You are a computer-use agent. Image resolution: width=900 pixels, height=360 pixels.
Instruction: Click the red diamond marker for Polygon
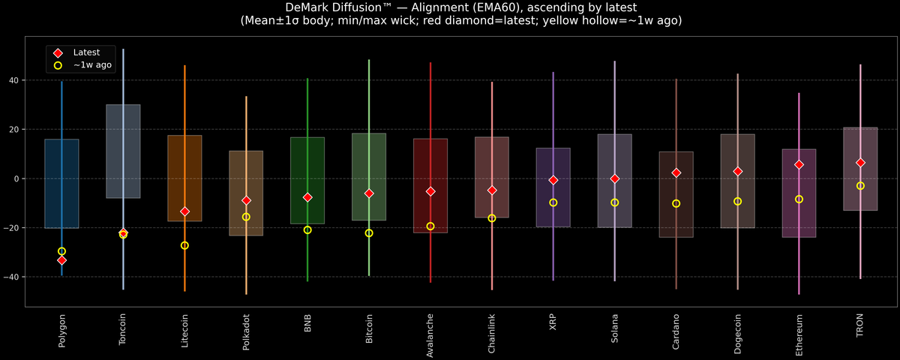click(x=61, y=260)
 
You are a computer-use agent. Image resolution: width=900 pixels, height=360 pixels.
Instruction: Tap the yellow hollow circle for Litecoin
click(x=184, y=245)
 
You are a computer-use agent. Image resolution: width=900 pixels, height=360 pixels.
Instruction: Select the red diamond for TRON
click(x=860, y=163)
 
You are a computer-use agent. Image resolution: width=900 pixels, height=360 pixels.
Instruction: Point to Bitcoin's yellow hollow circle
click(x=369, y=233)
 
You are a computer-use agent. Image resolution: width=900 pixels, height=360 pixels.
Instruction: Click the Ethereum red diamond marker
click(x=799, y=164)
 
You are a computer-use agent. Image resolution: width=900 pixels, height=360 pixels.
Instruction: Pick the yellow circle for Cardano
click(x=676, y=203)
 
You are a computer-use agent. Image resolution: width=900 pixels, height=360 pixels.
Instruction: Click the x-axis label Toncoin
click(x=123, y=330)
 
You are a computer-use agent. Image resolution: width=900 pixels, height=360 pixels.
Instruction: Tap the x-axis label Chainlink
click(x=492, y=334)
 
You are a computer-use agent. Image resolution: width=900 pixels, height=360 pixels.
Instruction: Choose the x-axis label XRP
click(x=553, y=322)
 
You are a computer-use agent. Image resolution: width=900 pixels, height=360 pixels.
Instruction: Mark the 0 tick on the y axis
click(x=18, y=178)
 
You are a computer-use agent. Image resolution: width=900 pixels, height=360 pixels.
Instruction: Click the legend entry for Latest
click(x=85, y=52)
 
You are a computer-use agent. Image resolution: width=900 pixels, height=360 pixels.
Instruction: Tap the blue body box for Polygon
click(x=61, y=184)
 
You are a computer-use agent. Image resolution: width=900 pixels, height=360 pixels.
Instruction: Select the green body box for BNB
click(x=307, y=165)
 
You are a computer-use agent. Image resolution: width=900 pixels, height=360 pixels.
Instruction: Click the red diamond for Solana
click(x=615, y=178)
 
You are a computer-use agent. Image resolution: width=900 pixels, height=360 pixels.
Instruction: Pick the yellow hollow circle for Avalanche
click(x=430, y=226)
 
